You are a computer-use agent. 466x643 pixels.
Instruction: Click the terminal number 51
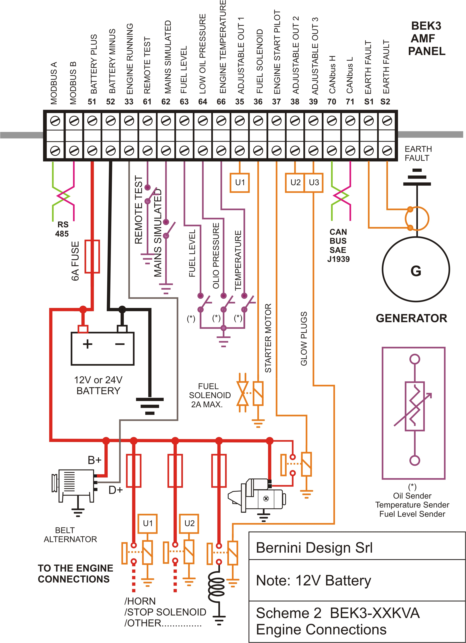tap(92, 101)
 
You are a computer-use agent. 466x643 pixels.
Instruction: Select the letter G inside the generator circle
tap(416, 271)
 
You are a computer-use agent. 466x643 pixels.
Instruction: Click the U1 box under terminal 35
tap(240, 183)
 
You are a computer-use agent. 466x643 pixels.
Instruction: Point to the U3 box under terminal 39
tap(314, 183)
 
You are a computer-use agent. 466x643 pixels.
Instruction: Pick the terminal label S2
tap(385, 101)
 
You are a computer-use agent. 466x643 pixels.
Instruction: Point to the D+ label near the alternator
tap(115, 490)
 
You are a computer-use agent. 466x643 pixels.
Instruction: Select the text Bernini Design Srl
tap(314, 548)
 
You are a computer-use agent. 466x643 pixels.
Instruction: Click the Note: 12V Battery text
tap(313, 580)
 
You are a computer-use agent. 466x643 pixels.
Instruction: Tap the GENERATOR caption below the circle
tap(411, 318)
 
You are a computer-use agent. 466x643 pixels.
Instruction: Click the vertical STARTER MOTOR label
tap(268, 338)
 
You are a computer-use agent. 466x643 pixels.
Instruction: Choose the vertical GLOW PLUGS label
tap(304, 339)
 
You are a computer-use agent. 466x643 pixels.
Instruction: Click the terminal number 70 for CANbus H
tap(331, 101)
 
